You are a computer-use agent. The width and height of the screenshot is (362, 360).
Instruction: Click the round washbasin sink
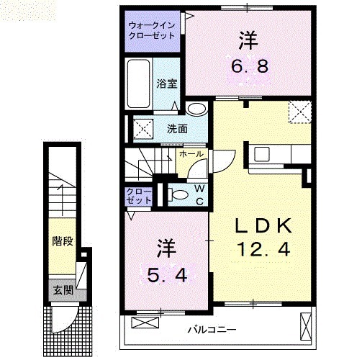pos(196,109)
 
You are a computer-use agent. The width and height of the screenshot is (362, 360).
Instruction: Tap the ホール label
pos(189,154)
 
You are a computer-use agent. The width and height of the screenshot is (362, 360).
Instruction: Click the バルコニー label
pos(213,330)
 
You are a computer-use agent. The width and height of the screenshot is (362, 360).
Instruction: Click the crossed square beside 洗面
pos(140,130)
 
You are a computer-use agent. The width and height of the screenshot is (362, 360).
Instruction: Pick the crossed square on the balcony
pos(303,328)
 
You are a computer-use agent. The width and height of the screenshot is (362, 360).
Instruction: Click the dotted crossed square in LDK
pos(298,112)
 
